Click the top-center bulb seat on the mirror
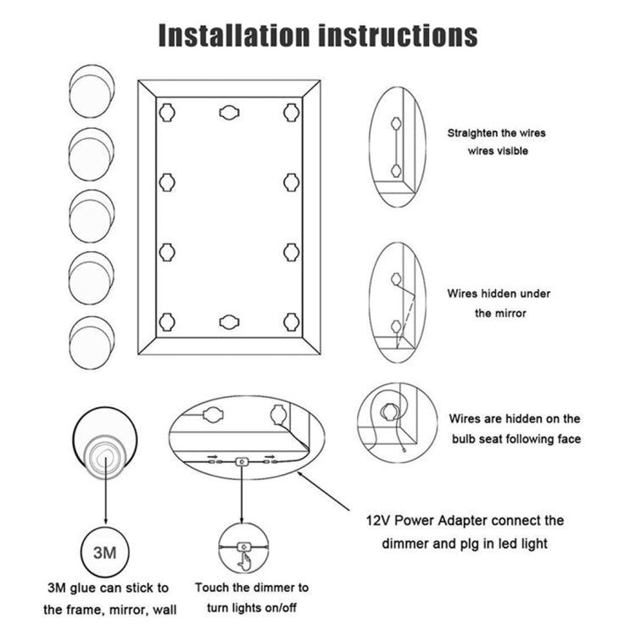tap(229, 112)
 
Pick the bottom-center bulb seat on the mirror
tap(229, 321)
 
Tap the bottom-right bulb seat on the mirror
tap(292, 321)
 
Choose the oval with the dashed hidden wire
tap(398, 304)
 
